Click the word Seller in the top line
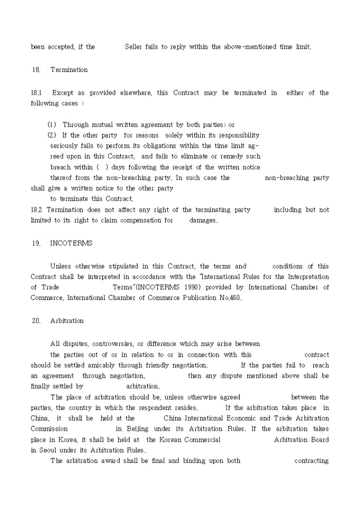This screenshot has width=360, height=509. (133, 47)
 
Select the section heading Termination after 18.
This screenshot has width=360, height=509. (69, 70)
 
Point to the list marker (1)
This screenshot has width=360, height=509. (52, 125)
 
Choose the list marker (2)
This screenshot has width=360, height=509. (52, 135)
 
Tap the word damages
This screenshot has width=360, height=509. (203, 221)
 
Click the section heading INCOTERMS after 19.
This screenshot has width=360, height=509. (71, 243)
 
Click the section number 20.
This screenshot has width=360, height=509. (36, 321)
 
